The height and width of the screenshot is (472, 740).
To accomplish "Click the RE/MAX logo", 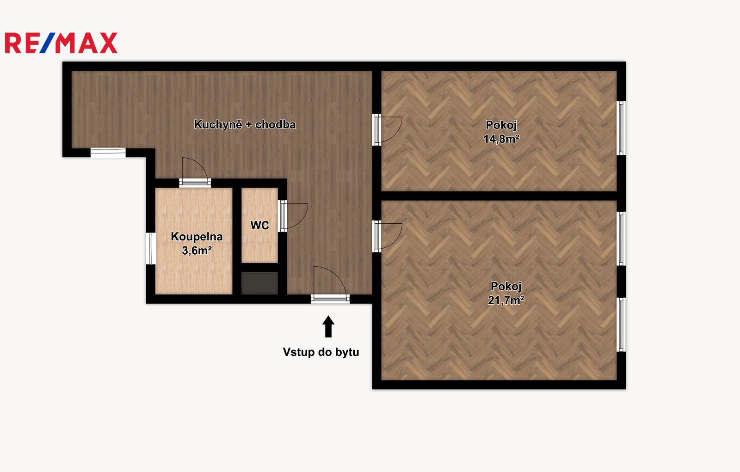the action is click(x=61, y=43).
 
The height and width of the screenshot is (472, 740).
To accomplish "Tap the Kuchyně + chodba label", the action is click(x=245, y=124).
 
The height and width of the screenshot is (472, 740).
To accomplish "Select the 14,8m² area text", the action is click(x=501, y=139).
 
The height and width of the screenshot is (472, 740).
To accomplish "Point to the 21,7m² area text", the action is click(x=506, y=300).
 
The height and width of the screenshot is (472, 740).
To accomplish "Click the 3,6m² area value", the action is click(x=197, y=251).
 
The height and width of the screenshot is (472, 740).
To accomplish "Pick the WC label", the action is click(x=259, y=225).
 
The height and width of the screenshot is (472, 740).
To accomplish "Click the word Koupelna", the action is click(x=197, y=237).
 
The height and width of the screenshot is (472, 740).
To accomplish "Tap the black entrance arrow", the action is click(x=328, y=326).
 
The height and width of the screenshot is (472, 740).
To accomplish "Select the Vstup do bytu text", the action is click(x=321, y=352).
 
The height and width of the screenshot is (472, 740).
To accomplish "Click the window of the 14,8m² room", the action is click(x=621, y=128).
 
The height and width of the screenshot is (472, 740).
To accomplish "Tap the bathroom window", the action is click(x=151, y=248).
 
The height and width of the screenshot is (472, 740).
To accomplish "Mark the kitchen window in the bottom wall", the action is click(x=108, y=153).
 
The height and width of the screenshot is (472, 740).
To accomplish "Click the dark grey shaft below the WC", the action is click(x=259, y=283).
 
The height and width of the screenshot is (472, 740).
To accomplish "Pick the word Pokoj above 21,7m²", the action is click(x=506, y=286).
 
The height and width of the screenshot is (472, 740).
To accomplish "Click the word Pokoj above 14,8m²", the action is click(x=501, y=125).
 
